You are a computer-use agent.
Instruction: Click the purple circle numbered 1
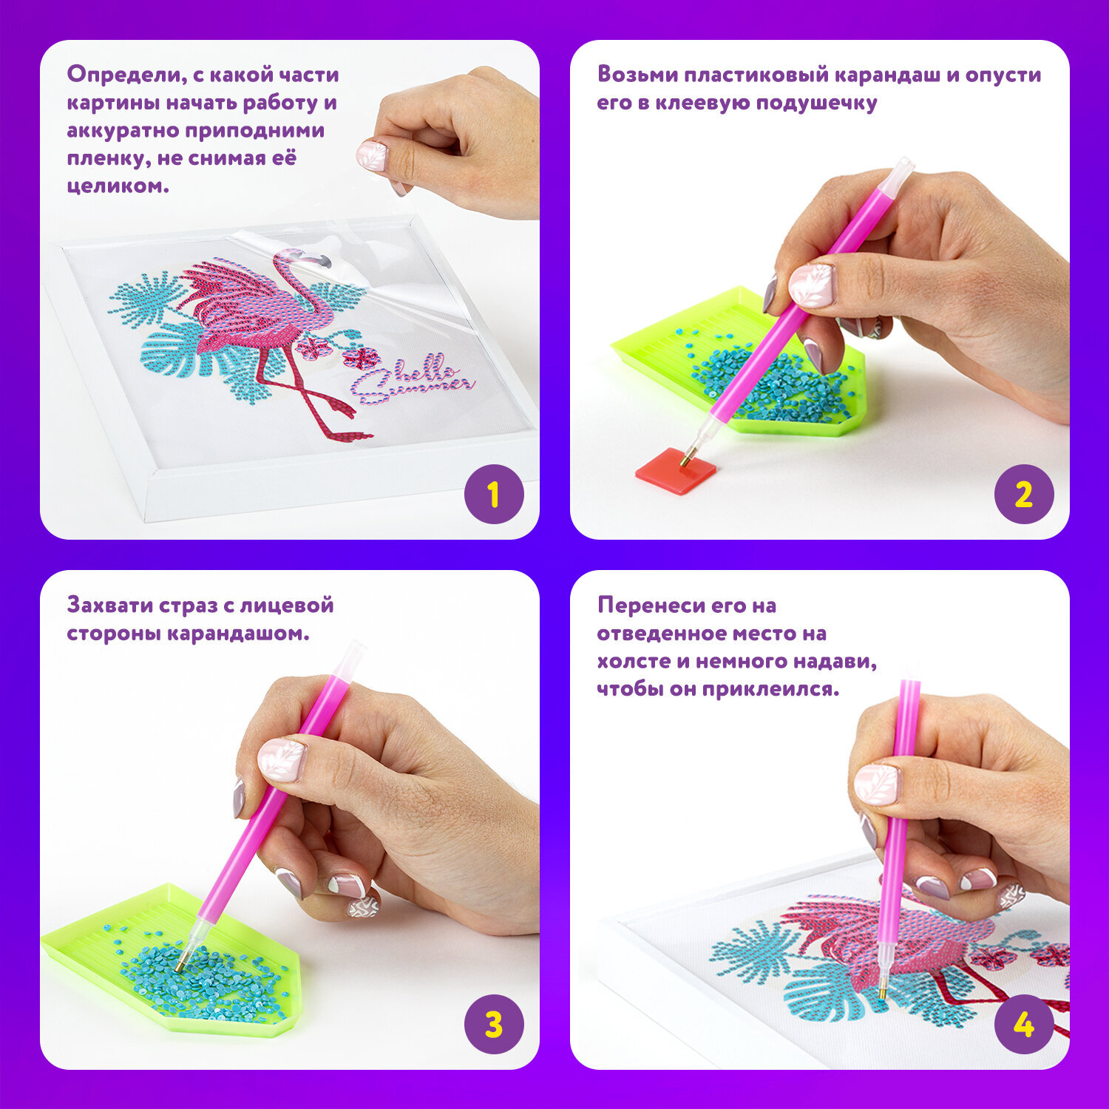pos(494,494)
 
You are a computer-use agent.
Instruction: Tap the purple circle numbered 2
pos(1024,494)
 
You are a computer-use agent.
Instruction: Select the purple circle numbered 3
pos(494,1025)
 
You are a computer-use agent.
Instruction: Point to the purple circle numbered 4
pos(1024,1025)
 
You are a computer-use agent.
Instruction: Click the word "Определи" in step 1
pos(123,75)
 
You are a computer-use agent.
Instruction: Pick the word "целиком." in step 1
pos(118,186)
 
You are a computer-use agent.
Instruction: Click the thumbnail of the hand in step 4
pos(876,784)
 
